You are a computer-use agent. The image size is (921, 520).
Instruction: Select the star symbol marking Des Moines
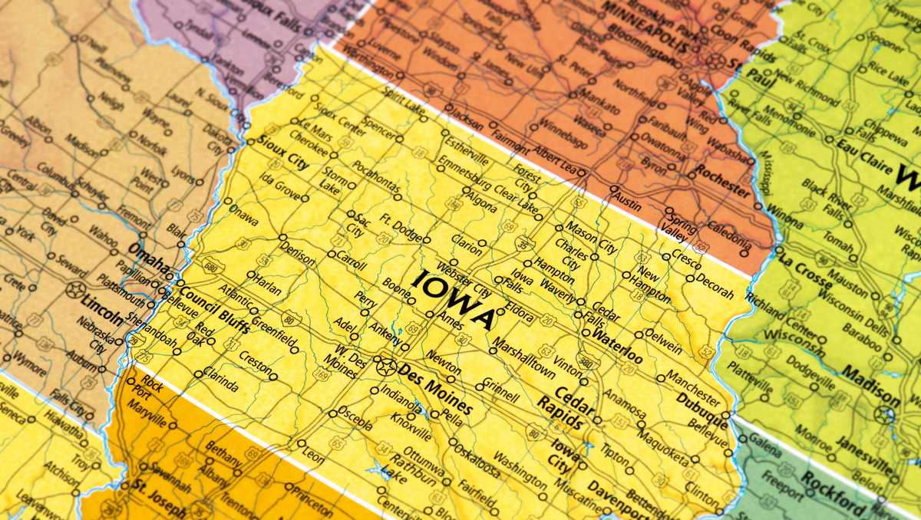tap(387, 366)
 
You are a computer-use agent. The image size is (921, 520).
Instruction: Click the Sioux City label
tap(284, 153)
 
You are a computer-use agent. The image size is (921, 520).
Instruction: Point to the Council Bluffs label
tap(213, 311)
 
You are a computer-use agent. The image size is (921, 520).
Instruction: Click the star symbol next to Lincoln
tap(76, 290)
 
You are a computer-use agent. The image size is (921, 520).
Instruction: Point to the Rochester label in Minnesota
tap(721, 180)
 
